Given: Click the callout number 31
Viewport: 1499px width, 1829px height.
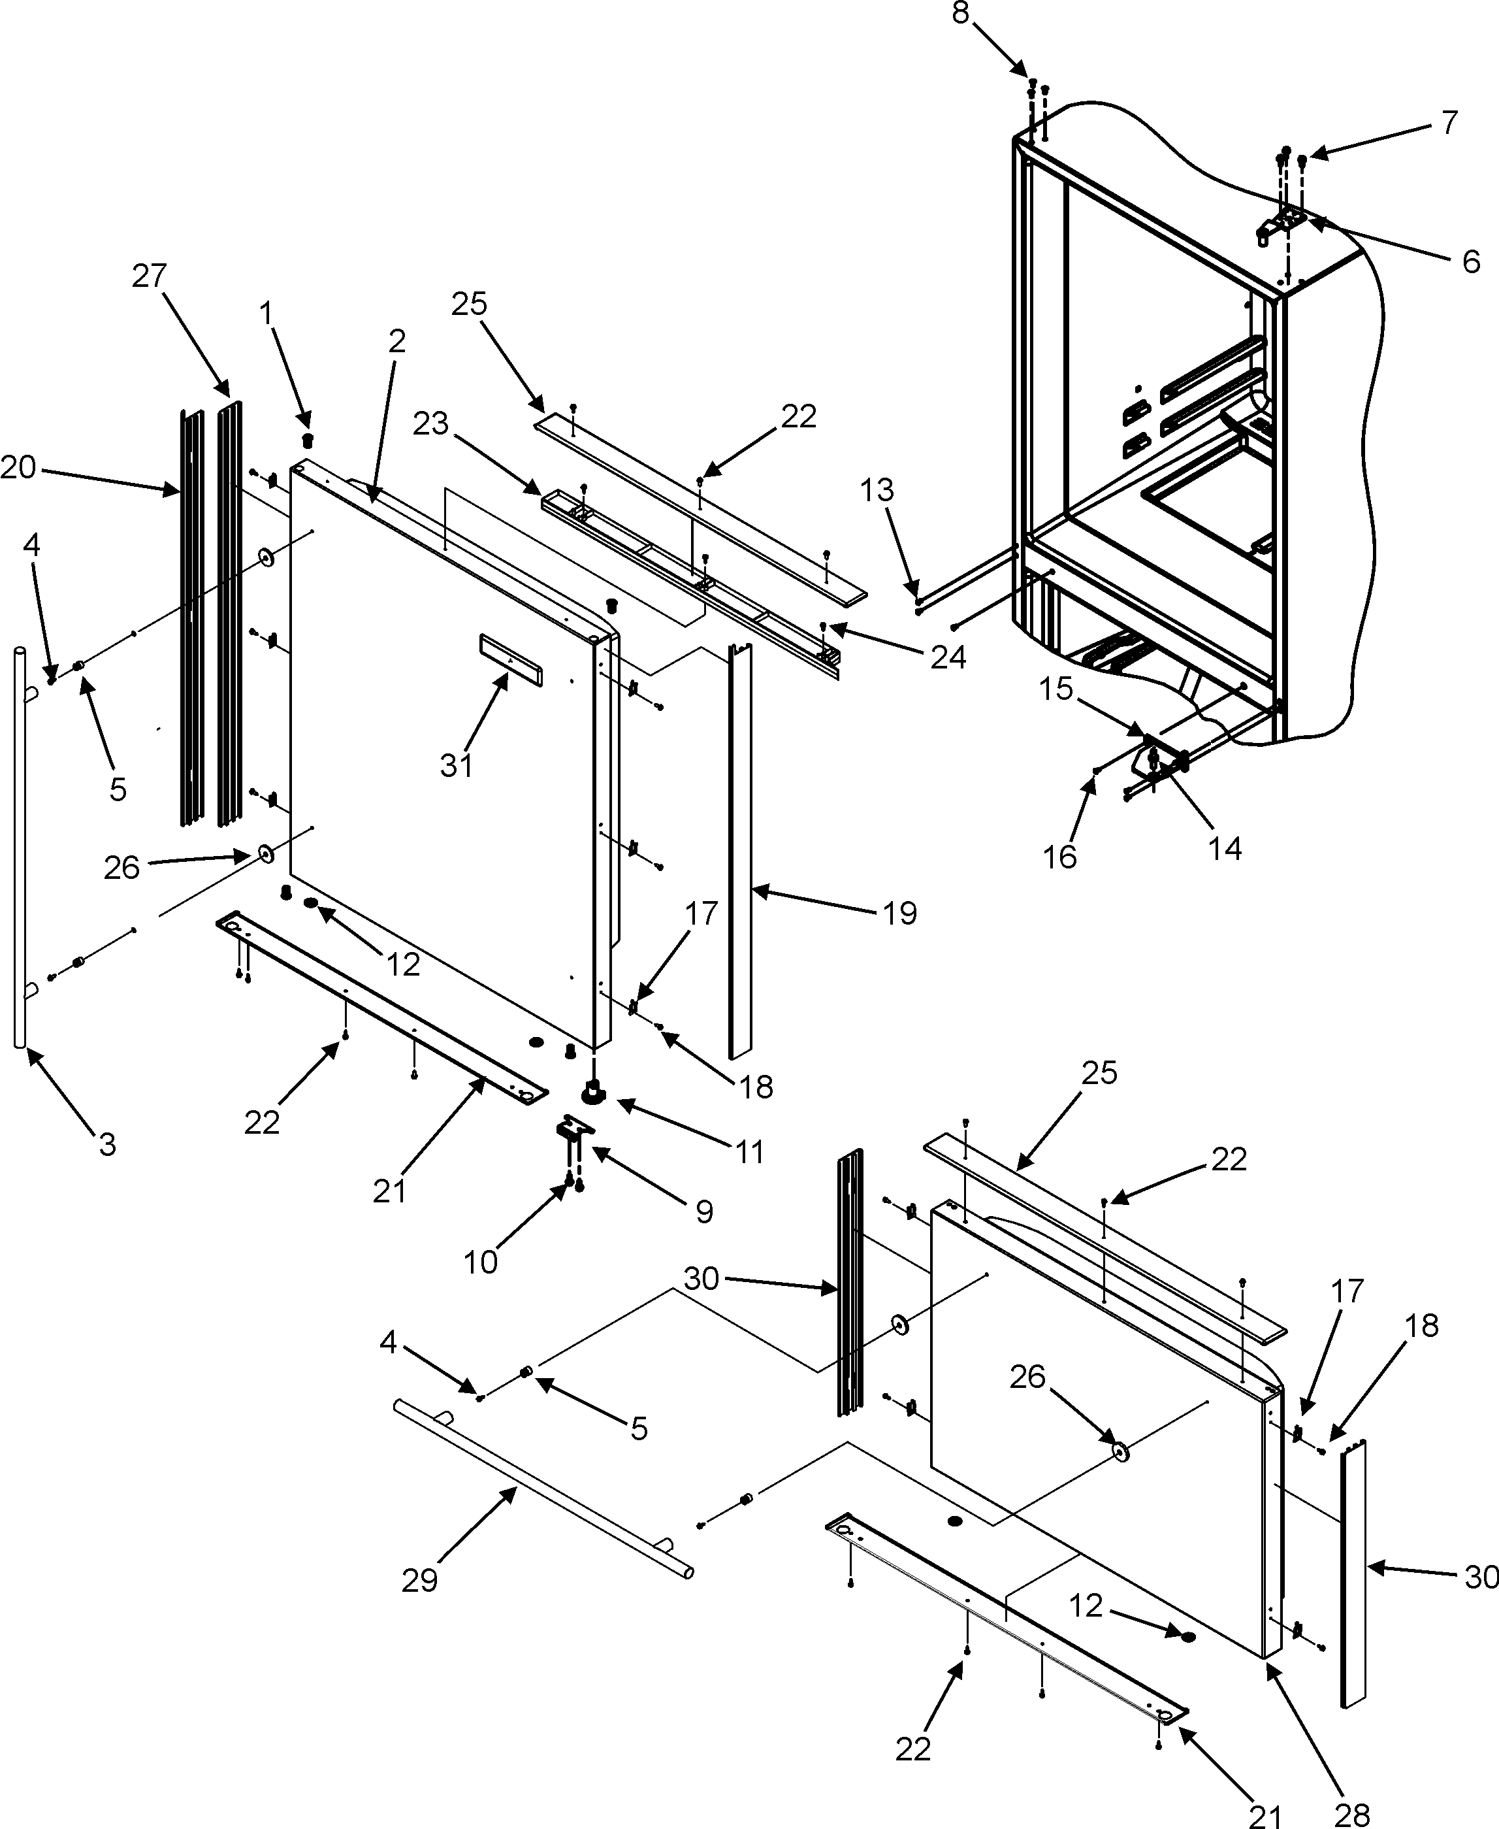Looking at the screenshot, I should click(x=456, y=765).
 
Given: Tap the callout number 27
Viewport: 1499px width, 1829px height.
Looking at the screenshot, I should click(x=150, y=276).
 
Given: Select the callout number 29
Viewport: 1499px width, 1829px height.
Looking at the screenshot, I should click(x=419, y=1580).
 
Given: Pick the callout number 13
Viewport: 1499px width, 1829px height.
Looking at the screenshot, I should click(x=877, y=490).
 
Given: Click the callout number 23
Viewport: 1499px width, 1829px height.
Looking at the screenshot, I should click(x=431, y=424).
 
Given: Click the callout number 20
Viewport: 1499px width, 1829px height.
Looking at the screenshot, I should click(x=18, y=469).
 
